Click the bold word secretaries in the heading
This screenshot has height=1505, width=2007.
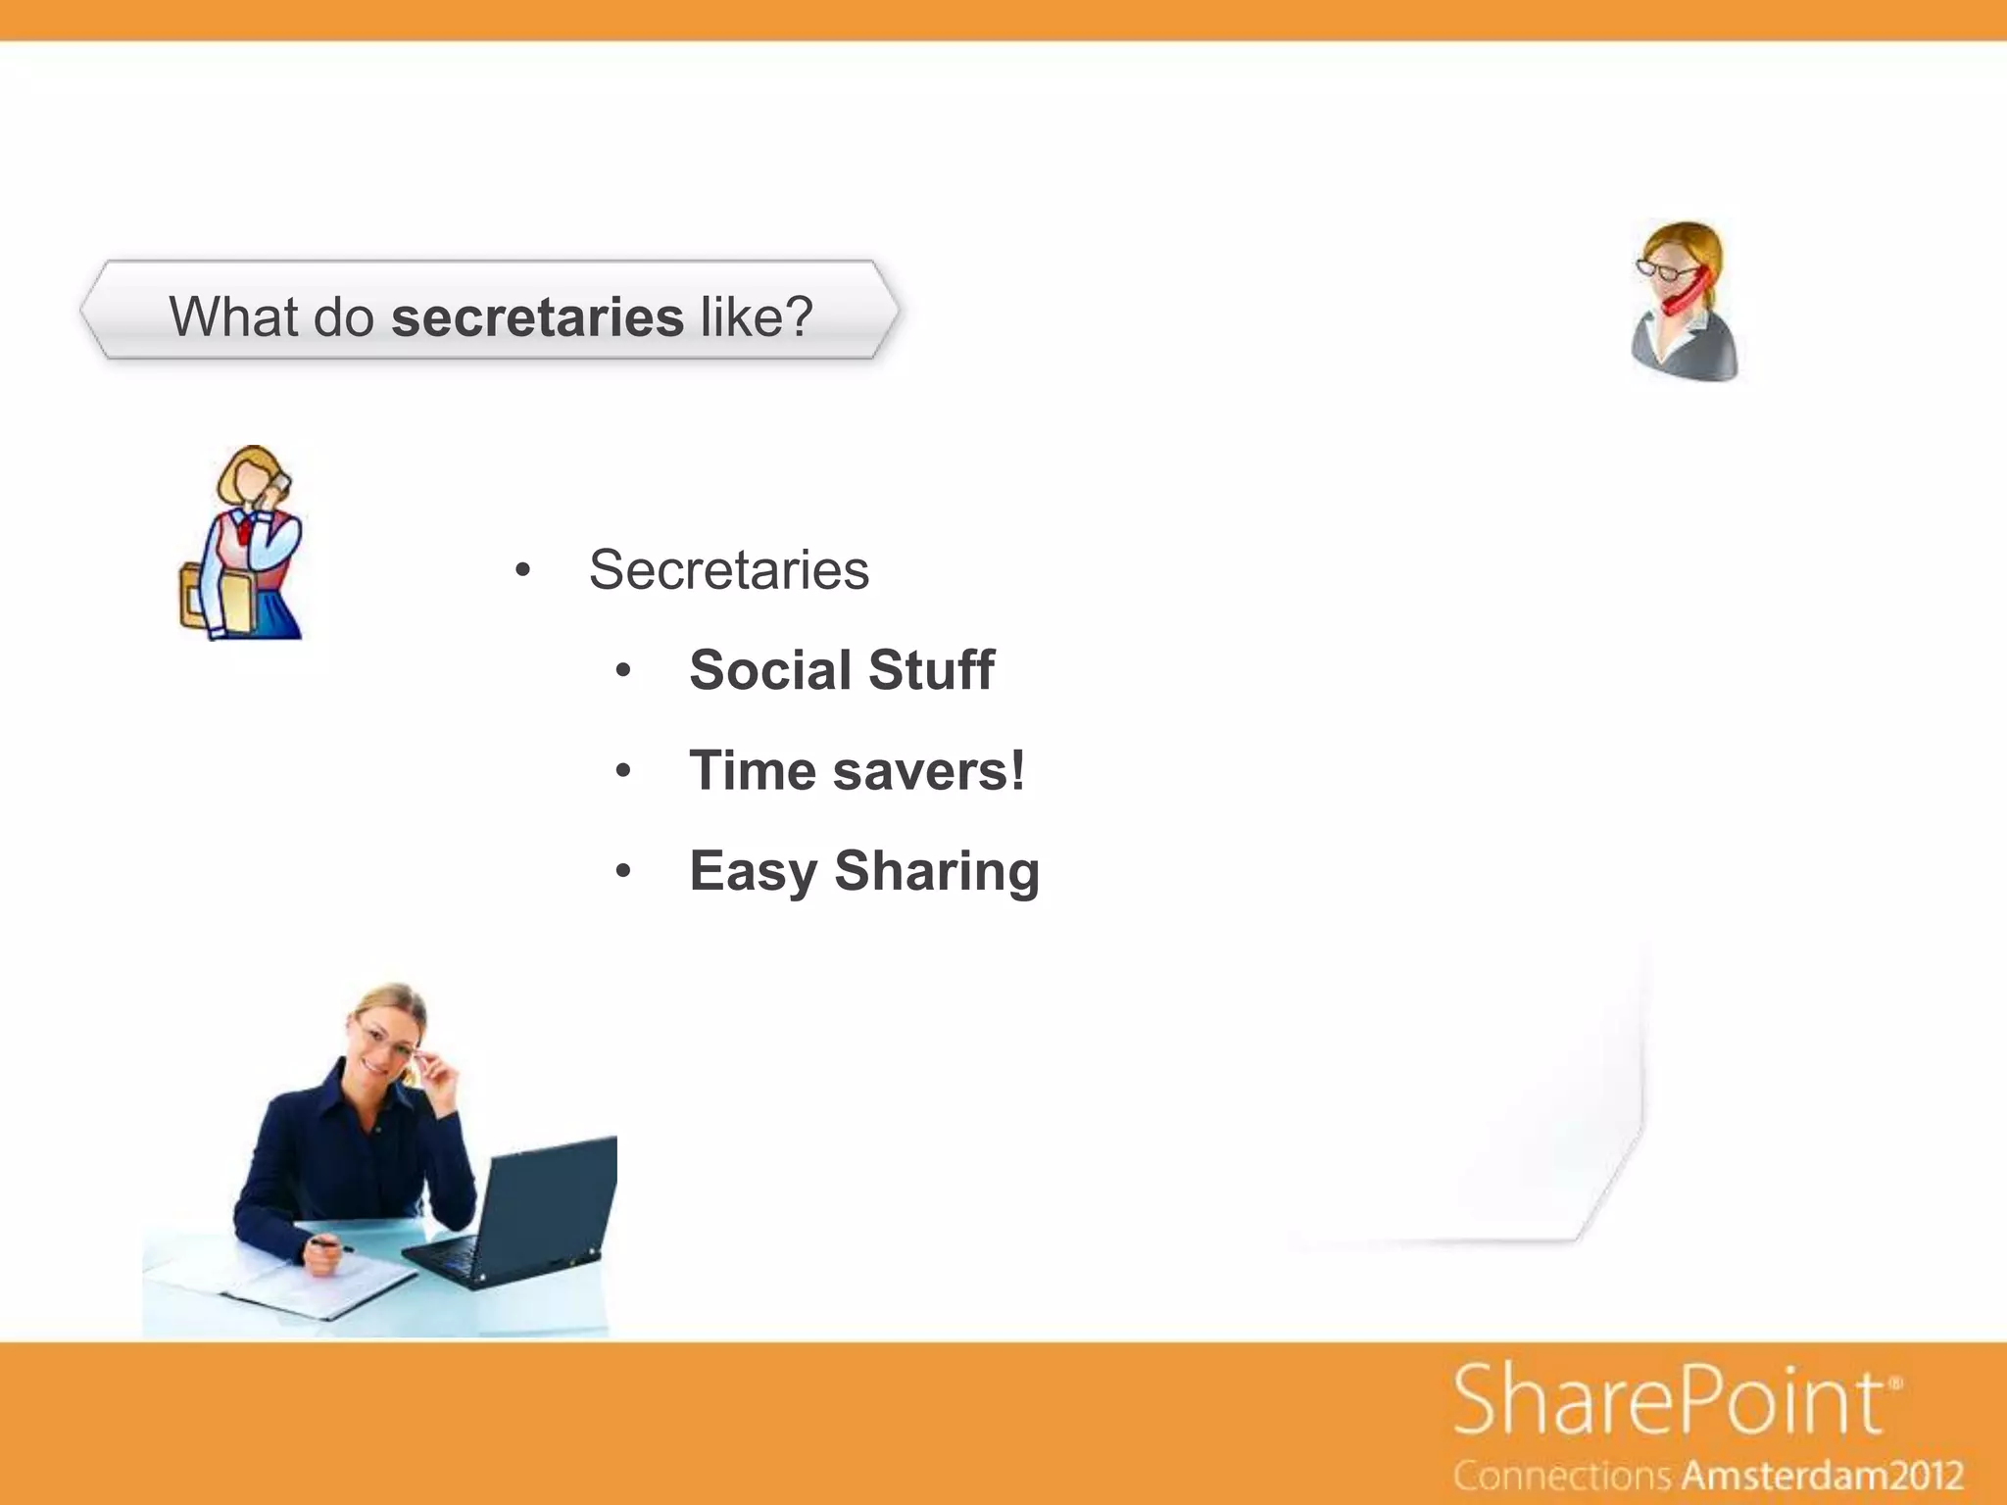(537, 317)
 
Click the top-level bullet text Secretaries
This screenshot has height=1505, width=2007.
(728, 569)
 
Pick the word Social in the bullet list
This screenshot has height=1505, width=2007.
(770, 670)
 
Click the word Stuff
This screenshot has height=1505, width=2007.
(931, 670)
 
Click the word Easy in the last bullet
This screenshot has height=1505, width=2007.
(753, 871)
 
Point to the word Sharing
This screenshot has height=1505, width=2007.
(937, 871)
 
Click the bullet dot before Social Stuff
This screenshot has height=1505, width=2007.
(623, 672)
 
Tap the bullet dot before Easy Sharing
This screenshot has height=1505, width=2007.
(623, 872)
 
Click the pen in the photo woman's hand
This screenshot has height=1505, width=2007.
(329, 1245)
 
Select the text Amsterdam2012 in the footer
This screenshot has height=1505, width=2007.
(1823, 1476)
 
